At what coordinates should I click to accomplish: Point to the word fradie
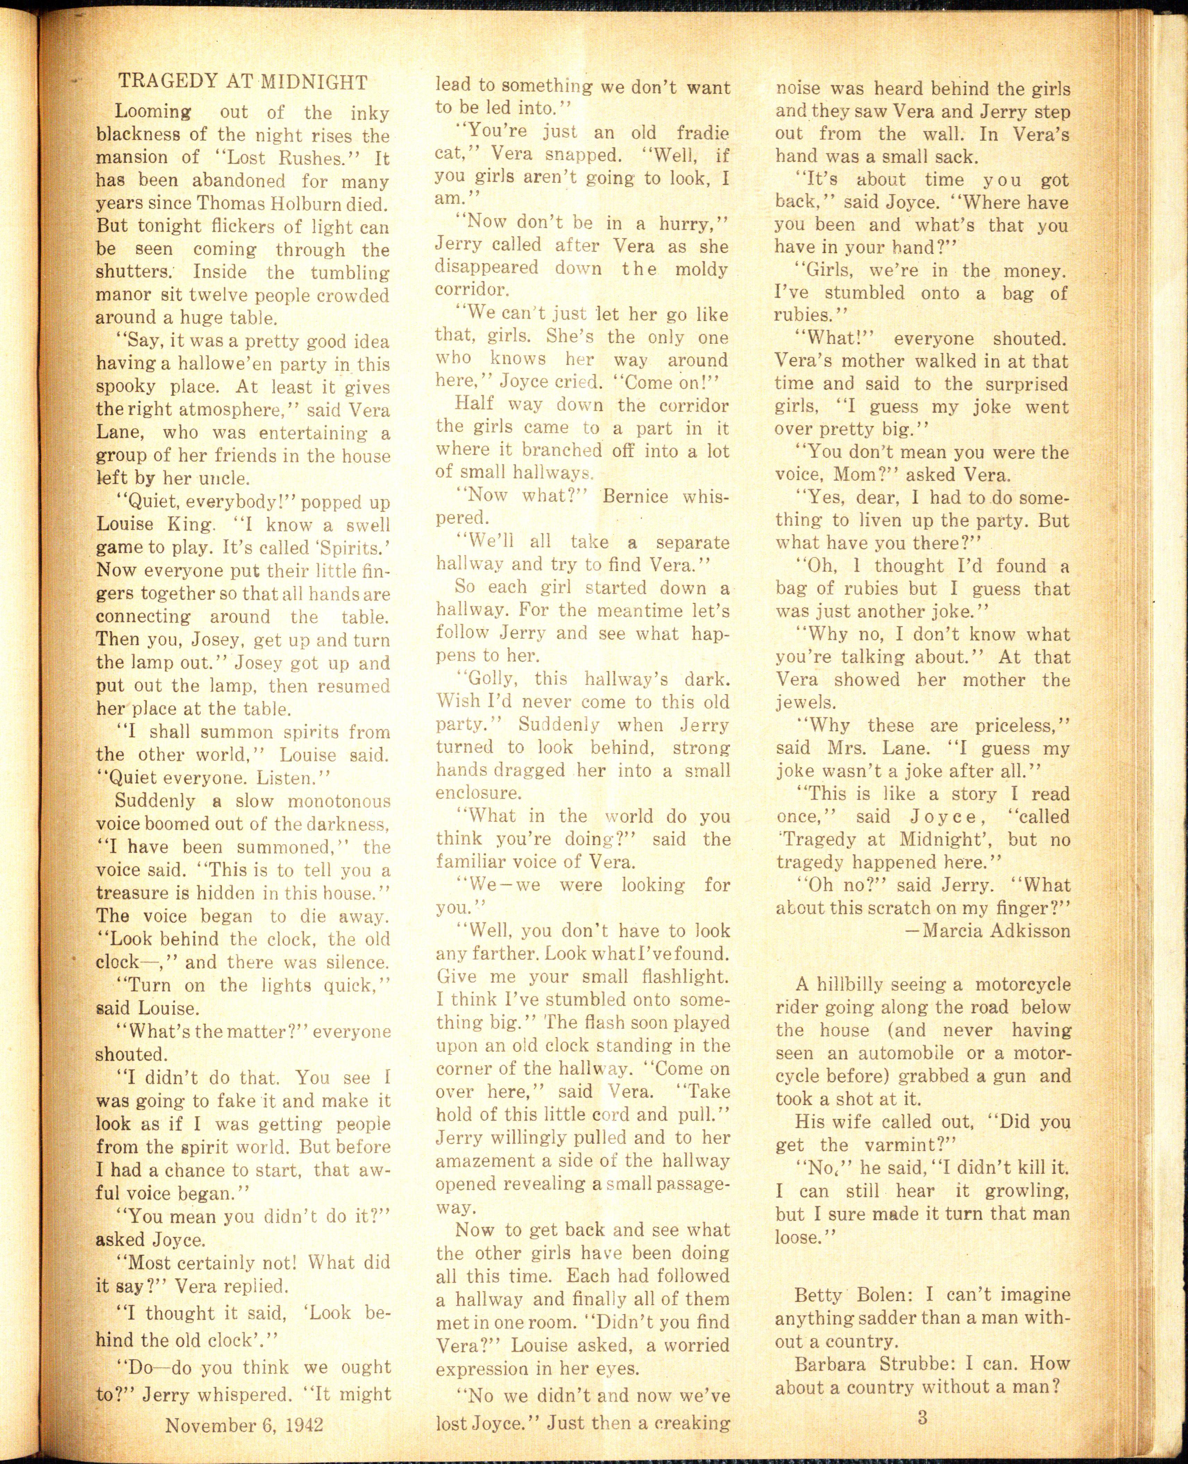[702, 133]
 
